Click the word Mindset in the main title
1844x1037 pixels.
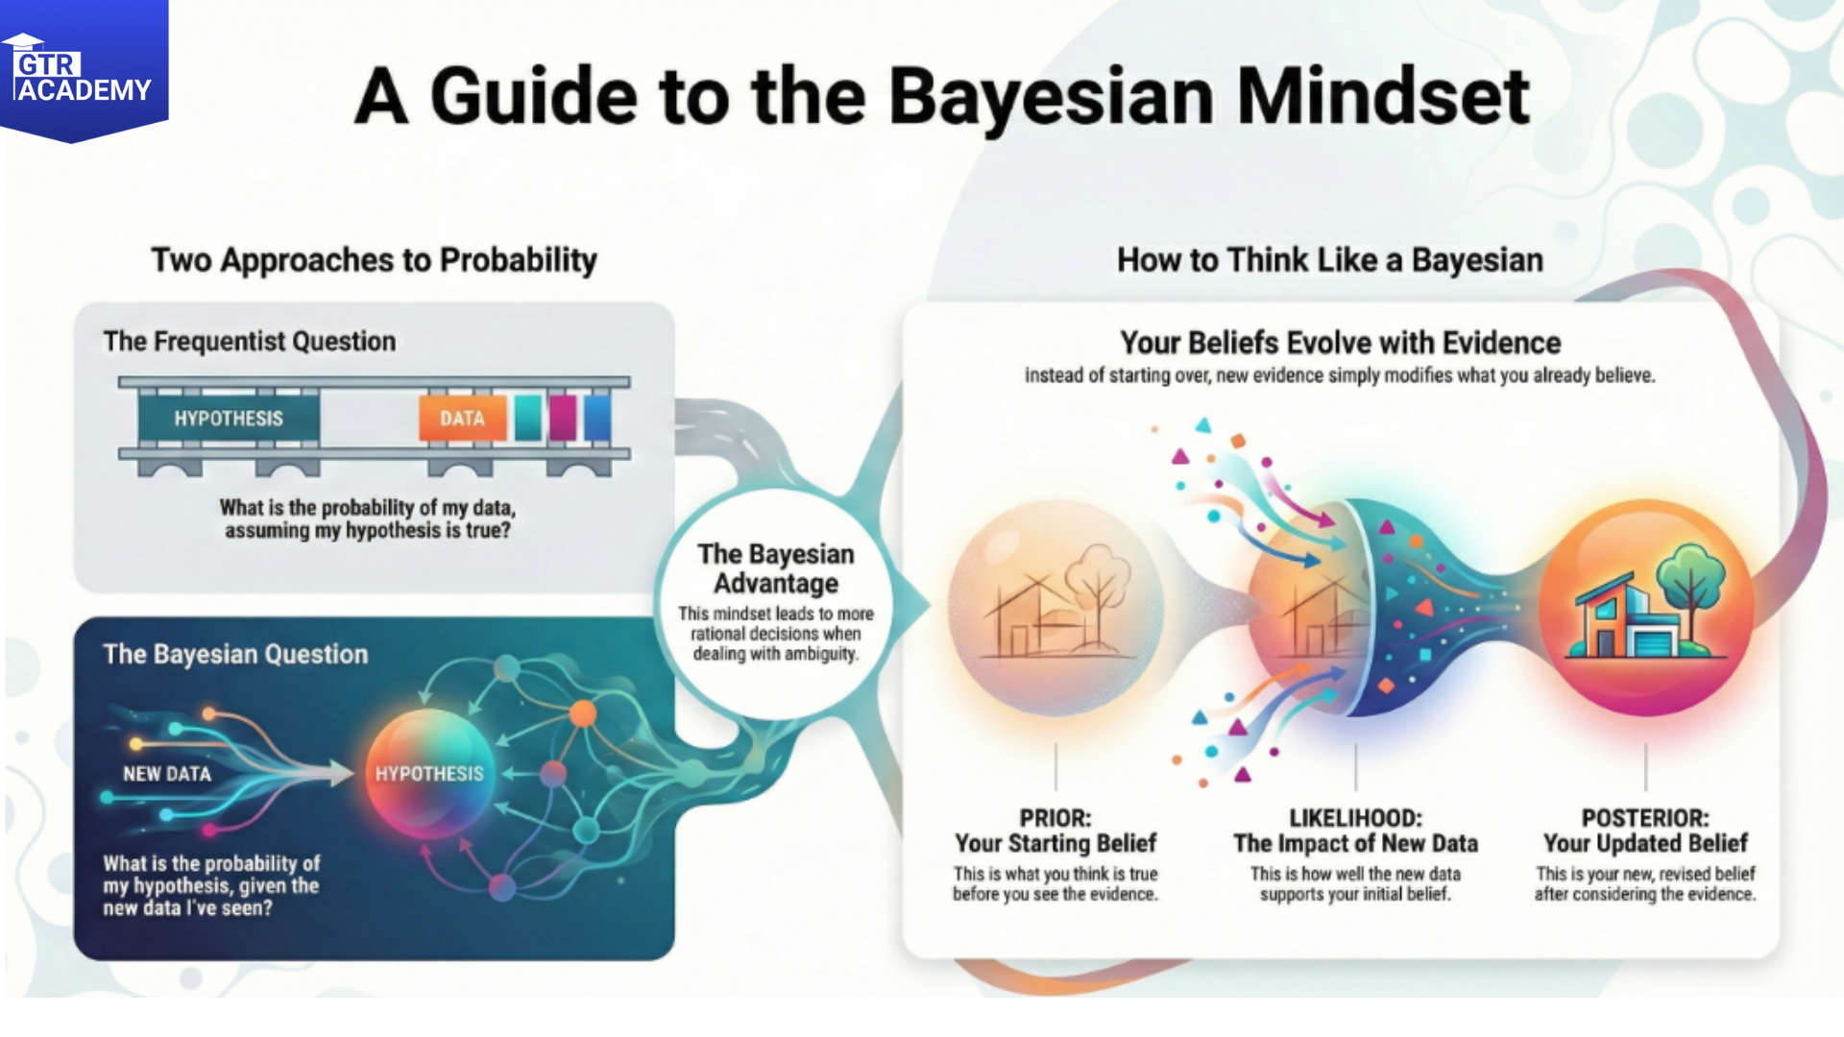tap(1382, 97)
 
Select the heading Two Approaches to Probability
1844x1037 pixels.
tap(374, 260)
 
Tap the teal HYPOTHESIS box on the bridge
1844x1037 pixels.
tap(229, 419)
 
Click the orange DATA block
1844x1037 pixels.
tap(462, 419)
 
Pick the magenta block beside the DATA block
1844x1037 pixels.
tap(563, 418)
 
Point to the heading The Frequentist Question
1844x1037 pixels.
tap(249, 341)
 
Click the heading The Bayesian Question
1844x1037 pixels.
tap(235, 654)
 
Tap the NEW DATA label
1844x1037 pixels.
tap(167, 774)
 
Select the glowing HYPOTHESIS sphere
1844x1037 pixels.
tap(429, 773)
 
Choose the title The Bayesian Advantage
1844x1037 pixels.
tap(776, 568)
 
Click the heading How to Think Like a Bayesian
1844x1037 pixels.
tap(1330, 260)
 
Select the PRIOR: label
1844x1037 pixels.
tap(1055, 818)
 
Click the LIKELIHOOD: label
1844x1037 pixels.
tap(1355, 818)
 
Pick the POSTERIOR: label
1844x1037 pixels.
tap(1645, 818)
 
